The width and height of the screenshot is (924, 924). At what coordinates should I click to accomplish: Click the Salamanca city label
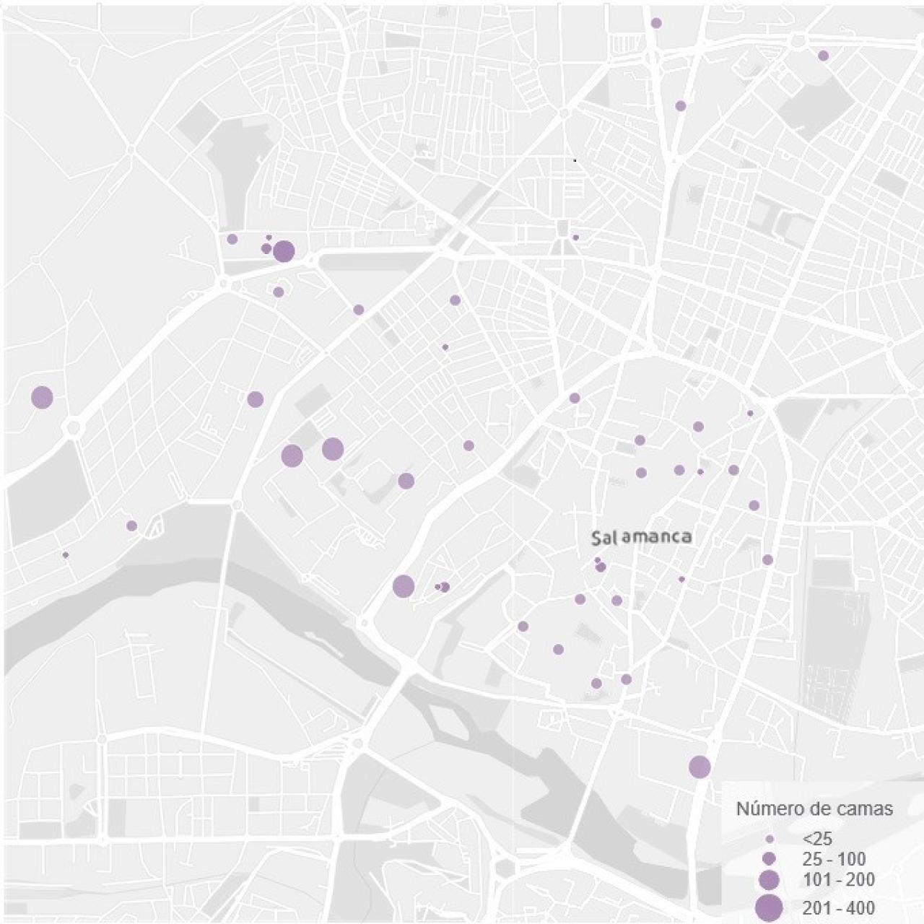641,537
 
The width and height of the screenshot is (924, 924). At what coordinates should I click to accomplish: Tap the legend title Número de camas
814,808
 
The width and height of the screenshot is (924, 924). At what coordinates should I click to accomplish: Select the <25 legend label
817,838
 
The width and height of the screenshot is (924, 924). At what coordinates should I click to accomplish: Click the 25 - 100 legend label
834,859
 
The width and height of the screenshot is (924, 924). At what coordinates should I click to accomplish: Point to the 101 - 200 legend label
838,880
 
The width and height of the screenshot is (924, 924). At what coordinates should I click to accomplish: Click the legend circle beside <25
770,840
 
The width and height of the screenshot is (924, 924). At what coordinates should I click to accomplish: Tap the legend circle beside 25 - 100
770,859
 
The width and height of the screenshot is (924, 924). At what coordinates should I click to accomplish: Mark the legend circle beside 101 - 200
770,880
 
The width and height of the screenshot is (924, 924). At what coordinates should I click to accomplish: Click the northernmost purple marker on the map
656,23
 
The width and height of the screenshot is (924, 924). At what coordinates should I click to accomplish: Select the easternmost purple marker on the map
823,56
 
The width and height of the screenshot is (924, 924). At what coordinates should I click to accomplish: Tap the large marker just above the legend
699,767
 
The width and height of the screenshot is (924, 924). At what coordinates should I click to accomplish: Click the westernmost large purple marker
42,397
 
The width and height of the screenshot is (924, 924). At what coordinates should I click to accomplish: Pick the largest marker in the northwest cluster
284,252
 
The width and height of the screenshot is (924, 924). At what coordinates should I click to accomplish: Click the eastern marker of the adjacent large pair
333,449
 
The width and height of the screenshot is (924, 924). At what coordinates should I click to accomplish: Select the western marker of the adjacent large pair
292,456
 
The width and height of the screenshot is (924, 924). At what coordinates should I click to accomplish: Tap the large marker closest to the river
404,586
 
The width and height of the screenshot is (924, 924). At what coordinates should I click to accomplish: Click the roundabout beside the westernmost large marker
73,428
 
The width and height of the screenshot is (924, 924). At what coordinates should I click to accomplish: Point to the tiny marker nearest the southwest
66,555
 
